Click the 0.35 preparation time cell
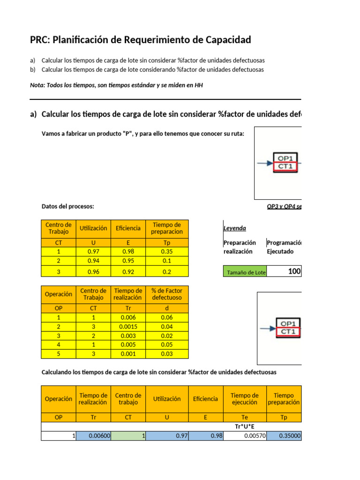click(167, 252)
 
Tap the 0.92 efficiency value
click(128, 271)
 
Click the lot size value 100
click(294, 271)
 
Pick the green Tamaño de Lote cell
click(244, 272)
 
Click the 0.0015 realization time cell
click(128, 326)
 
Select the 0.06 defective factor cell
click(167, 317)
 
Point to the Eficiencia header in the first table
click(128, 228)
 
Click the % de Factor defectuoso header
click(167, 294)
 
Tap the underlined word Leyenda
click(235, 228)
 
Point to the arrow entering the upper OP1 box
click(264, 163)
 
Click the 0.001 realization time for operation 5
click(128, 354)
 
